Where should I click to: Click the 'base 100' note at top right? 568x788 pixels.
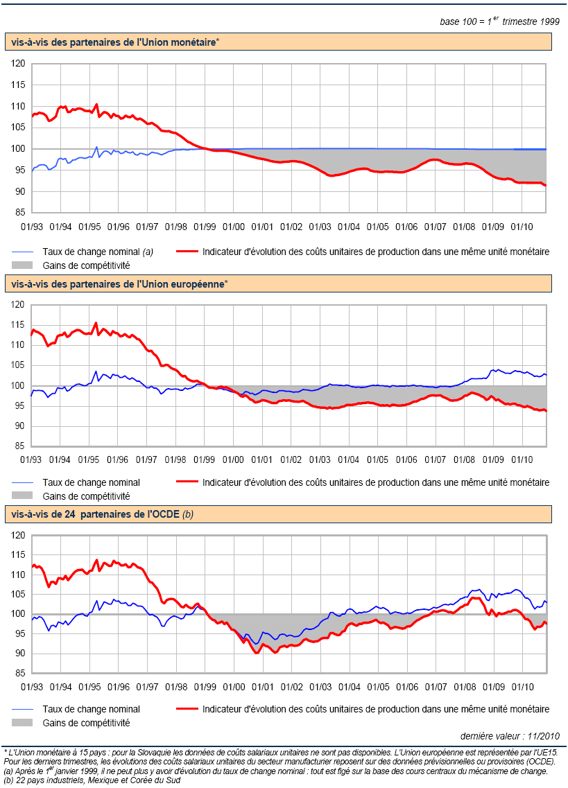click(499, 21)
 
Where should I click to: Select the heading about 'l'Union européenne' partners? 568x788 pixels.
click(118, 284)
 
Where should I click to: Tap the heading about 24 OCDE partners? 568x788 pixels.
click(96, 514)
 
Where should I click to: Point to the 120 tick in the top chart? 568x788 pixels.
click(19, 64)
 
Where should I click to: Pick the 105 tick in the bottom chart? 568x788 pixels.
click(19, 595)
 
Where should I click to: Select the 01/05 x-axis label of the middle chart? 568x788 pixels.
click(377, 459)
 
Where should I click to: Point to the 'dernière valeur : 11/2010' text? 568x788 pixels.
click(510, 736)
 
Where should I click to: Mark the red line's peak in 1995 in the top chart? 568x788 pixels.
click(96, 105)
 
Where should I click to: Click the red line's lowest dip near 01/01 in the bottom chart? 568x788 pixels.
click(257, 653)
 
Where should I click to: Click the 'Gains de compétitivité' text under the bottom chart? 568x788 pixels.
click(87, 723)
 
